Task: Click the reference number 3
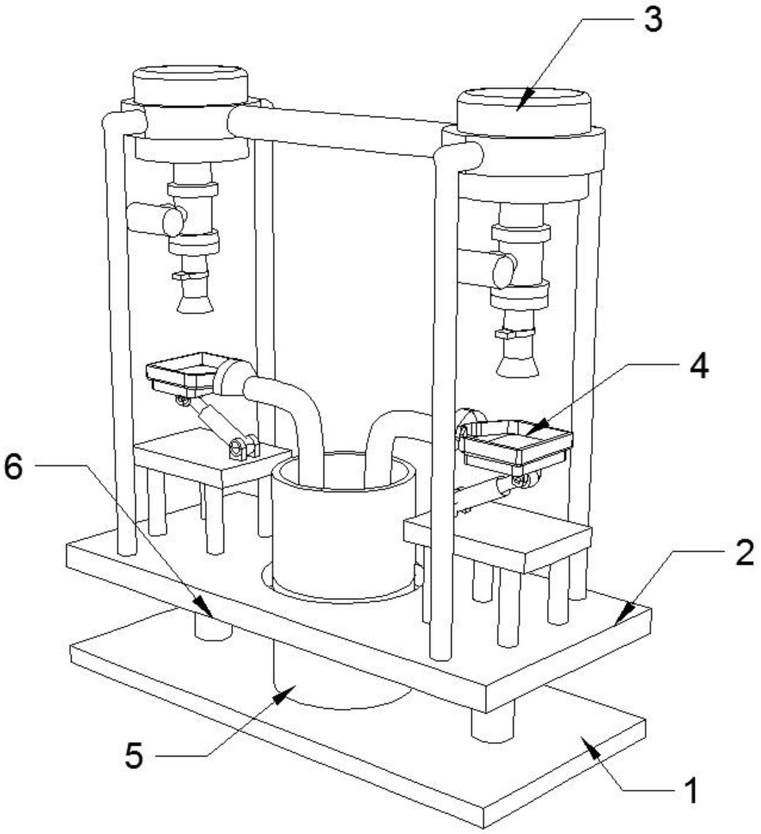(x=652, y=20)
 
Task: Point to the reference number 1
(x=690, y=790)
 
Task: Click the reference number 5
(x=134, y=755)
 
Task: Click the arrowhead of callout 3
(x=520, y=107)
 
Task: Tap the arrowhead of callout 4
(x=530, y=432)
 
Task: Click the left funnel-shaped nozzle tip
(x=194, y=305)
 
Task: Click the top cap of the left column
(x=190, y=83)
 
